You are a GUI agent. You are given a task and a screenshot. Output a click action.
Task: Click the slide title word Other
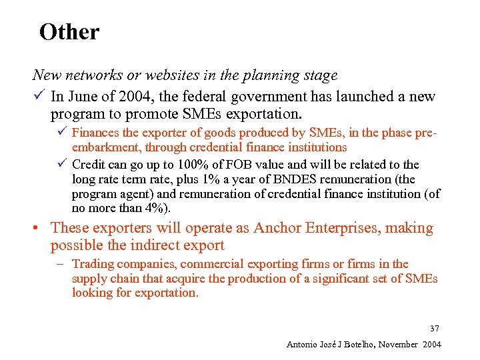pyautogui.click(x=69, y=32)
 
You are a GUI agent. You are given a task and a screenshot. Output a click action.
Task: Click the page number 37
pyautogui.click(x=435, y=329)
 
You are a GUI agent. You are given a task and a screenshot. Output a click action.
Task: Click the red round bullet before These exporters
pyautogui.click(x=40, y=229)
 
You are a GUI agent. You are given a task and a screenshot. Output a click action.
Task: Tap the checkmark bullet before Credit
pyautogui.click(x=61, y=164)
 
